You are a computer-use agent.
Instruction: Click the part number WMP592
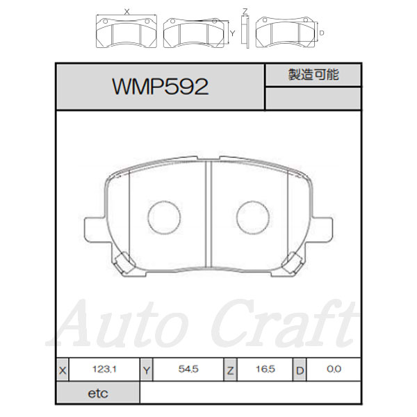[x=161, y=87]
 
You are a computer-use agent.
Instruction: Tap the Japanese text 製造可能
[x=313, y=74]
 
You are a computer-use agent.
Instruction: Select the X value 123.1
[x=104, y=369]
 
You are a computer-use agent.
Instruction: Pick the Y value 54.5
[x=188, y=369]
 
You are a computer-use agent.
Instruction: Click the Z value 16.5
[x=265, y=369]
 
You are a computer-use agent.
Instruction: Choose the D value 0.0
[x=334, y=369]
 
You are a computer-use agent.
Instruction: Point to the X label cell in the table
[x=63, y=370]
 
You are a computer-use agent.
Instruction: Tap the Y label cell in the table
[x=147, y=370]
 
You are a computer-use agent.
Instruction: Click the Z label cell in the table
[x=230, y=370]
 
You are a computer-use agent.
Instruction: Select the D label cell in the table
[x=300, y=370]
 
